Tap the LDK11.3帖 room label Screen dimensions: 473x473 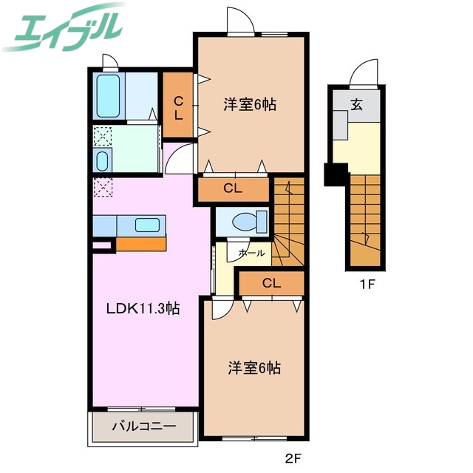(141, 307)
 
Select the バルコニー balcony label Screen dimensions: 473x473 (143, 426)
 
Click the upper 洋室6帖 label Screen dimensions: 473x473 (251, 105)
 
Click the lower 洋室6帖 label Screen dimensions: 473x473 (253, 367)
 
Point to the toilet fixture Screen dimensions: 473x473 (244, 220)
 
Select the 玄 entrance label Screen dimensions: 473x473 (357, 104)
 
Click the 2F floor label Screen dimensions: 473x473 (294, 458)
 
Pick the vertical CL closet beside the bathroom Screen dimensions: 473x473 (179, 109)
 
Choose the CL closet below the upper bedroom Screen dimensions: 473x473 (233, 188)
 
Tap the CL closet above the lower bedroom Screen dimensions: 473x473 (271, 283)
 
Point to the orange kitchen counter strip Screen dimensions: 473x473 (140, 244)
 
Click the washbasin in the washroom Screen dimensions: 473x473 (103, 160)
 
